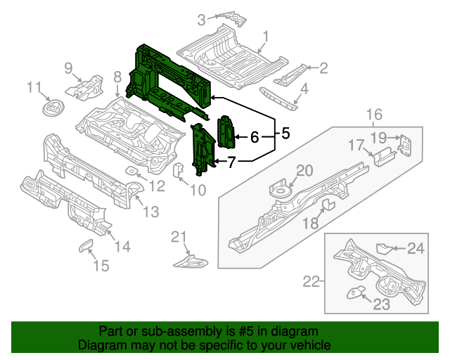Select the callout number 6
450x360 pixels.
(255, 136)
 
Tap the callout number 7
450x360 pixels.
(232, 162)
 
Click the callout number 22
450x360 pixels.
(311, 282)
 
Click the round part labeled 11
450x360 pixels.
(51, 109)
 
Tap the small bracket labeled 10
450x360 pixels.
(179, 170)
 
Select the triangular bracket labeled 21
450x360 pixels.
(192, 262)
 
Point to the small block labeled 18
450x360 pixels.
(327, 205)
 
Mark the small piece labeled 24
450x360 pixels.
(384, 247)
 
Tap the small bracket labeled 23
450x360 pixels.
(356, 292)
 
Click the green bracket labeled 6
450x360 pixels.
(227, 131)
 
